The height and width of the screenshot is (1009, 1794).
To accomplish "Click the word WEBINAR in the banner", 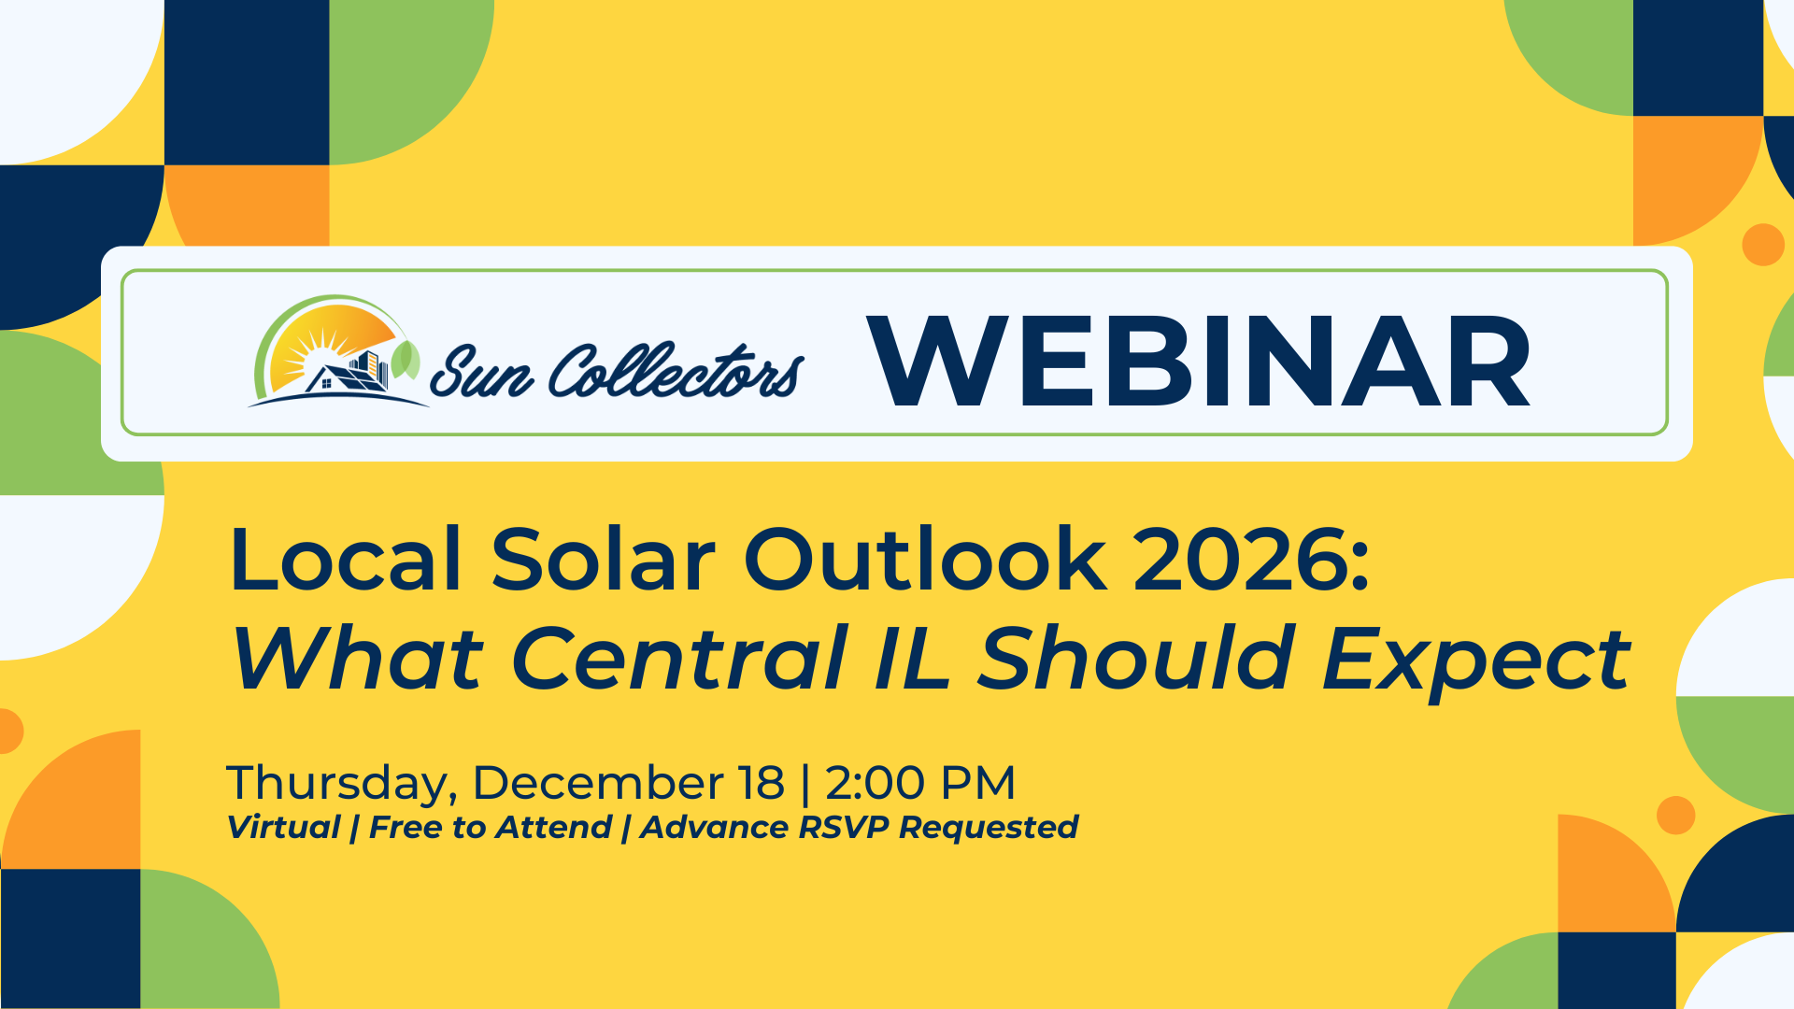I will (1199, 362).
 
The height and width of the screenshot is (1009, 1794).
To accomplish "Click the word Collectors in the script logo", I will (675, 371).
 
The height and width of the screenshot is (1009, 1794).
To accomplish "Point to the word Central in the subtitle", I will (679, 660).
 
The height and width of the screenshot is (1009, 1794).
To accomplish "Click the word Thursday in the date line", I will (339, 783).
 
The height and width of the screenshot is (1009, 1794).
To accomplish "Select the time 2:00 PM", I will (920, 783).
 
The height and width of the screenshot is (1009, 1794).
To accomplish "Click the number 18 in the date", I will (761, 783).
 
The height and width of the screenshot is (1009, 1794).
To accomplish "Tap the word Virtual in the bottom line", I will (283, 828).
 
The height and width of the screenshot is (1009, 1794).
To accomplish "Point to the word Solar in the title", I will (603, 561).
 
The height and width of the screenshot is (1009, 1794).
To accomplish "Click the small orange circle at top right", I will (1763, 245).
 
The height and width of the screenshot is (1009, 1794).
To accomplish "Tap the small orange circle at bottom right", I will (1675, 816).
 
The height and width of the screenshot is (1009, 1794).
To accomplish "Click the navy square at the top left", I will (247, 82).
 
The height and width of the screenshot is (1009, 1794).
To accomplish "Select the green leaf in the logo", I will (406, 361).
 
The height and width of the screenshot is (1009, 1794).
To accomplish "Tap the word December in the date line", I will (598, 783).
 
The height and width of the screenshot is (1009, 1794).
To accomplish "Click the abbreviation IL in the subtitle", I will (913, 660).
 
